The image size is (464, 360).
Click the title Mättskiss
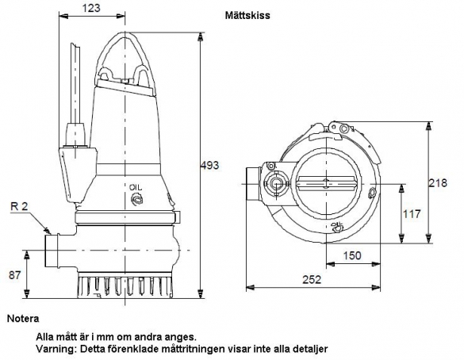tap(247, 15)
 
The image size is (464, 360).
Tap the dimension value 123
tap(91, 8)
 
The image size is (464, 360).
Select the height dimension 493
tap(209, 165)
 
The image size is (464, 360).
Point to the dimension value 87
tap(15, 275)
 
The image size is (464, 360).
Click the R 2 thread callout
tap(19, 206)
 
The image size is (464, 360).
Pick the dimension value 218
tap(438, 183)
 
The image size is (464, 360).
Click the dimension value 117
tap(412, 213)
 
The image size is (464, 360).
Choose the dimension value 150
tap(352, 255)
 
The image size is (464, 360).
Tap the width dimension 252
tap(312, 279)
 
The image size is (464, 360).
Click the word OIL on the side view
tap(136, 187)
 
